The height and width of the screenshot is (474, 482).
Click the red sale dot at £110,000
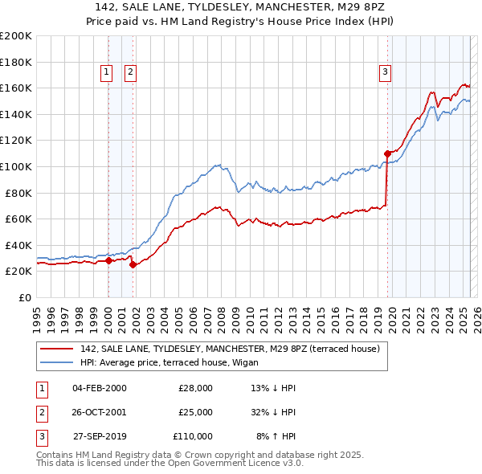pos(387,153)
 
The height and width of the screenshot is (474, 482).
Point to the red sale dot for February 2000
pos(108,260)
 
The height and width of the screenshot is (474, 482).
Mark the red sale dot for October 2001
pos(133,264)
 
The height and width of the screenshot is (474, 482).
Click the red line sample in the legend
pos(56,348)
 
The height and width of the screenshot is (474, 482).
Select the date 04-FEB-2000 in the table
pos(100,388)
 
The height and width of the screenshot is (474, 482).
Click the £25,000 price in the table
pos(195,412)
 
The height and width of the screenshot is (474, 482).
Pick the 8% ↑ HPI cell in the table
pos(276,436)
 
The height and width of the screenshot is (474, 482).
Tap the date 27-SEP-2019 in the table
pos(100,436)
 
